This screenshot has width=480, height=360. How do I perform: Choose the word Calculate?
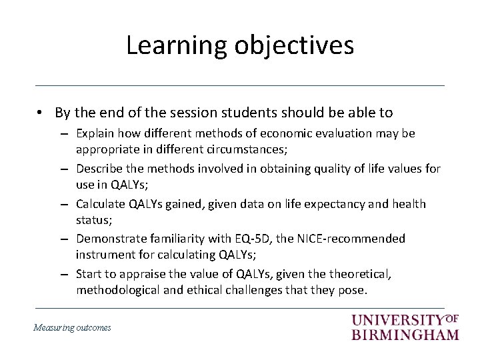click(101, 203)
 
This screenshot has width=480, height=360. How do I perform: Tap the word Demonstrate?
click(111, 238)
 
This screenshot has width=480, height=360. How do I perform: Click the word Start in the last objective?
click(89, 273)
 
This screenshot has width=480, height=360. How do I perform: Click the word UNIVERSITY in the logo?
click(397, 321)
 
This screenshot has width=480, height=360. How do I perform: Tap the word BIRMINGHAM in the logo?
click(405, 335)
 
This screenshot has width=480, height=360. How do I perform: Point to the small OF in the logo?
click(451, 318)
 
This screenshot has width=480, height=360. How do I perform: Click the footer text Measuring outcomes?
click(72, 327)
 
